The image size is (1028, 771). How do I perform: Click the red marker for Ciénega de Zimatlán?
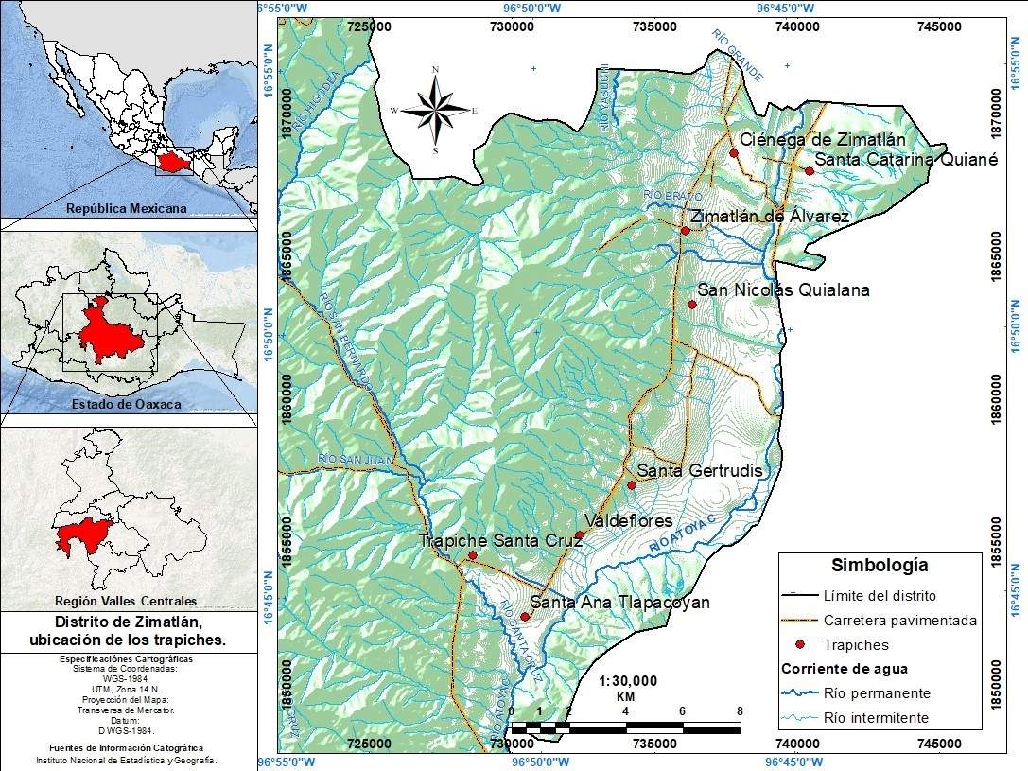(734, 152)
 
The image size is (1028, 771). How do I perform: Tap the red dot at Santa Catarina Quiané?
(810, 170)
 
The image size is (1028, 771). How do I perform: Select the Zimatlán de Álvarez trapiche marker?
(686, 231)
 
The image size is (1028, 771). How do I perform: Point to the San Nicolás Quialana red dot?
(692, 305)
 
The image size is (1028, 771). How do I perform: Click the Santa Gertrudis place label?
(699, 470)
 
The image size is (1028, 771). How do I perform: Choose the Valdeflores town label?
(628, 521)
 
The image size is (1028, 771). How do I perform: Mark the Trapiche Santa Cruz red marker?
(473, 555)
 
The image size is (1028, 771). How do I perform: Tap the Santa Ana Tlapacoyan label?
(619, 603)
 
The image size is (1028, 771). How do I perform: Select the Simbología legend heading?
(880, 566)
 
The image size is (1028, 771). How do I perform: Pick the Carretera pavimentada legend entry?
(899, 621)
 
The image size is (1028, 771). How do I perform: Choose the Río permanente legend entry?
(877, 692)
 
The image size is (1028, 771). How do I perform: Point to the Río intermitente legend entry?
(876, 717)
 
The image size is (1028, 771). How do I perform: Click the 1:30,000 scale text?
(628, 680)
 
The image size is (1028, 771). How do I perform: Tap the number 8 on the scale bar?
(740, 710)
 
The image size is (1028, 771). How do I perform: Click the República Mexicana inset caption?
(126, 208)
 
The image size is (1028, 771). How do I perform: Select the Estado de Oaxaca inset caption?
(126, 404)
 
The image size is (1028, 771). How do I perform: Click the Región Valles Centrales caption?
(126, 600)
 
